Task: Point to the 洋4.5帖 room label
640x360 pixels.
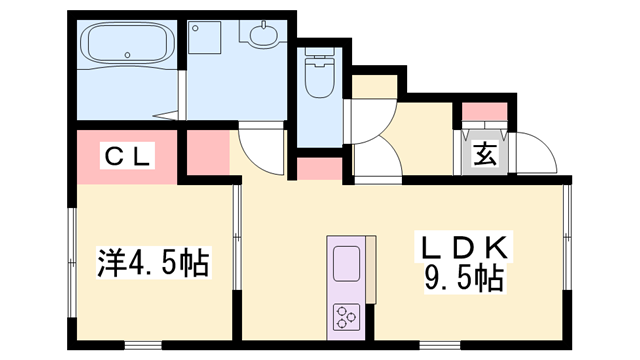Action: [152, 264]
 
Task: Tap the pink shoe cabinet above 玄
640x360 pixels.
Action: [484, 112]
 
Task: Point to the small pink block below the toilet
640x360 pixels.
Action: [318, 168]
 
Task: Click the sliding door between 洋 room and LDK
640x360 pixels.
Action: [237, 225]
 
